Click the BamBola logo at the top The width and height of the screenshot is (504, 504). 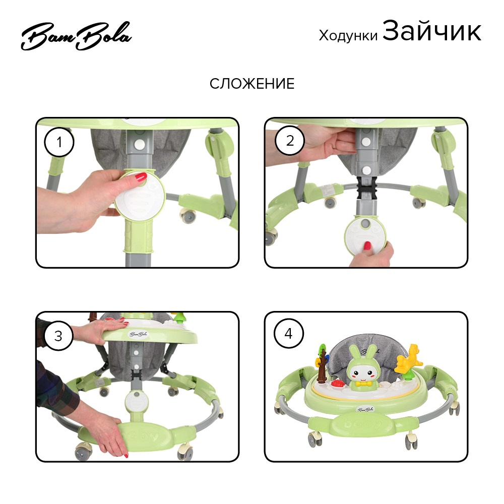coord(76,36)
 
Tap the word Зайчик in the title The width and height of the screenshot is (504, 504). coord(432,31)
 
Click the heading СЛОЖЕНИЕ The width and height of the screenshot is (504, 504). coord(252,84)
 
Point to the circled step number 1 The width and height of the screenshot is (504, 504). coord(59,142)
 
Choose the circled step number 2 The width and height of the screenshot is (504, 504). coord(290,141)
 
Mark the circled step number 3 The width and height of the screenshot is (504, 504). coord(58,336)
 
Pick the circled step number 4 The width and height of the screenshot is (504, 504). coord(288,334)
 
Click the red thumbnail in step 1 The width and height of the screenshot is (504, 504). coord(141,177)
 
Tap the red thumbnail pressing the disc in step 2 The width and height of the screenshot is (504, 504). coord(367,246)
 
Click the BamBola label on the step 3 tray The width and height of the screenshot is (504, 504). coord(138,334)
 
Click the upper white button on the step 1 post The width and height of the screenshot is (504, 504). coord(139,145)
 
